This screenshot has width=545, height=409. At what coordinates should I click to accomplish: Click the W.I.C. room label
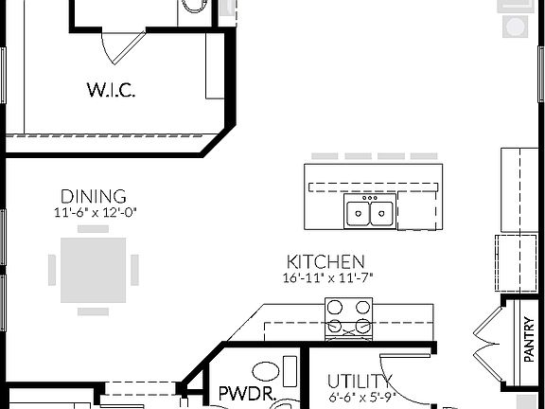(x=111, y=92)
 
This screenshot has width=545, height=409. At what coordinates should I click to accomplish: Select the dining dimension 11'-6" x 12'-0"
(x=97, y=213)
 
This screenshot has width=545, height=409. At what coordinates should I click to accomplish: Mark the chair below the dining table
(x=93, y=310)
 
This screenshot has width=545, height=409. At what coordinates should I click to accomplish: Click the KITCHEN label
(x=326, y=260)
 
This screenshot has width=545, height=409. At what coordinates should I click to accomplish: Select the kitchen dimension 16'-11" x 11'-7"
(x=326, y=277)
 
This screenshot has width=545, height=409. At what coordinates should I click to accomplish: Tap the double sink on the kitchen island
(x=370, y=213)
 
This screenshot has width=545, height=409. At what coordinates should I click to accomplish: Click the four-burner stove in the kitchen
(x=348, y=318)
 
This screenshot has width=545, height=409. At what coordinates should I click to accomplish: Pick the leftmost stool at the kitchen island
(x=319, y=156)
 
